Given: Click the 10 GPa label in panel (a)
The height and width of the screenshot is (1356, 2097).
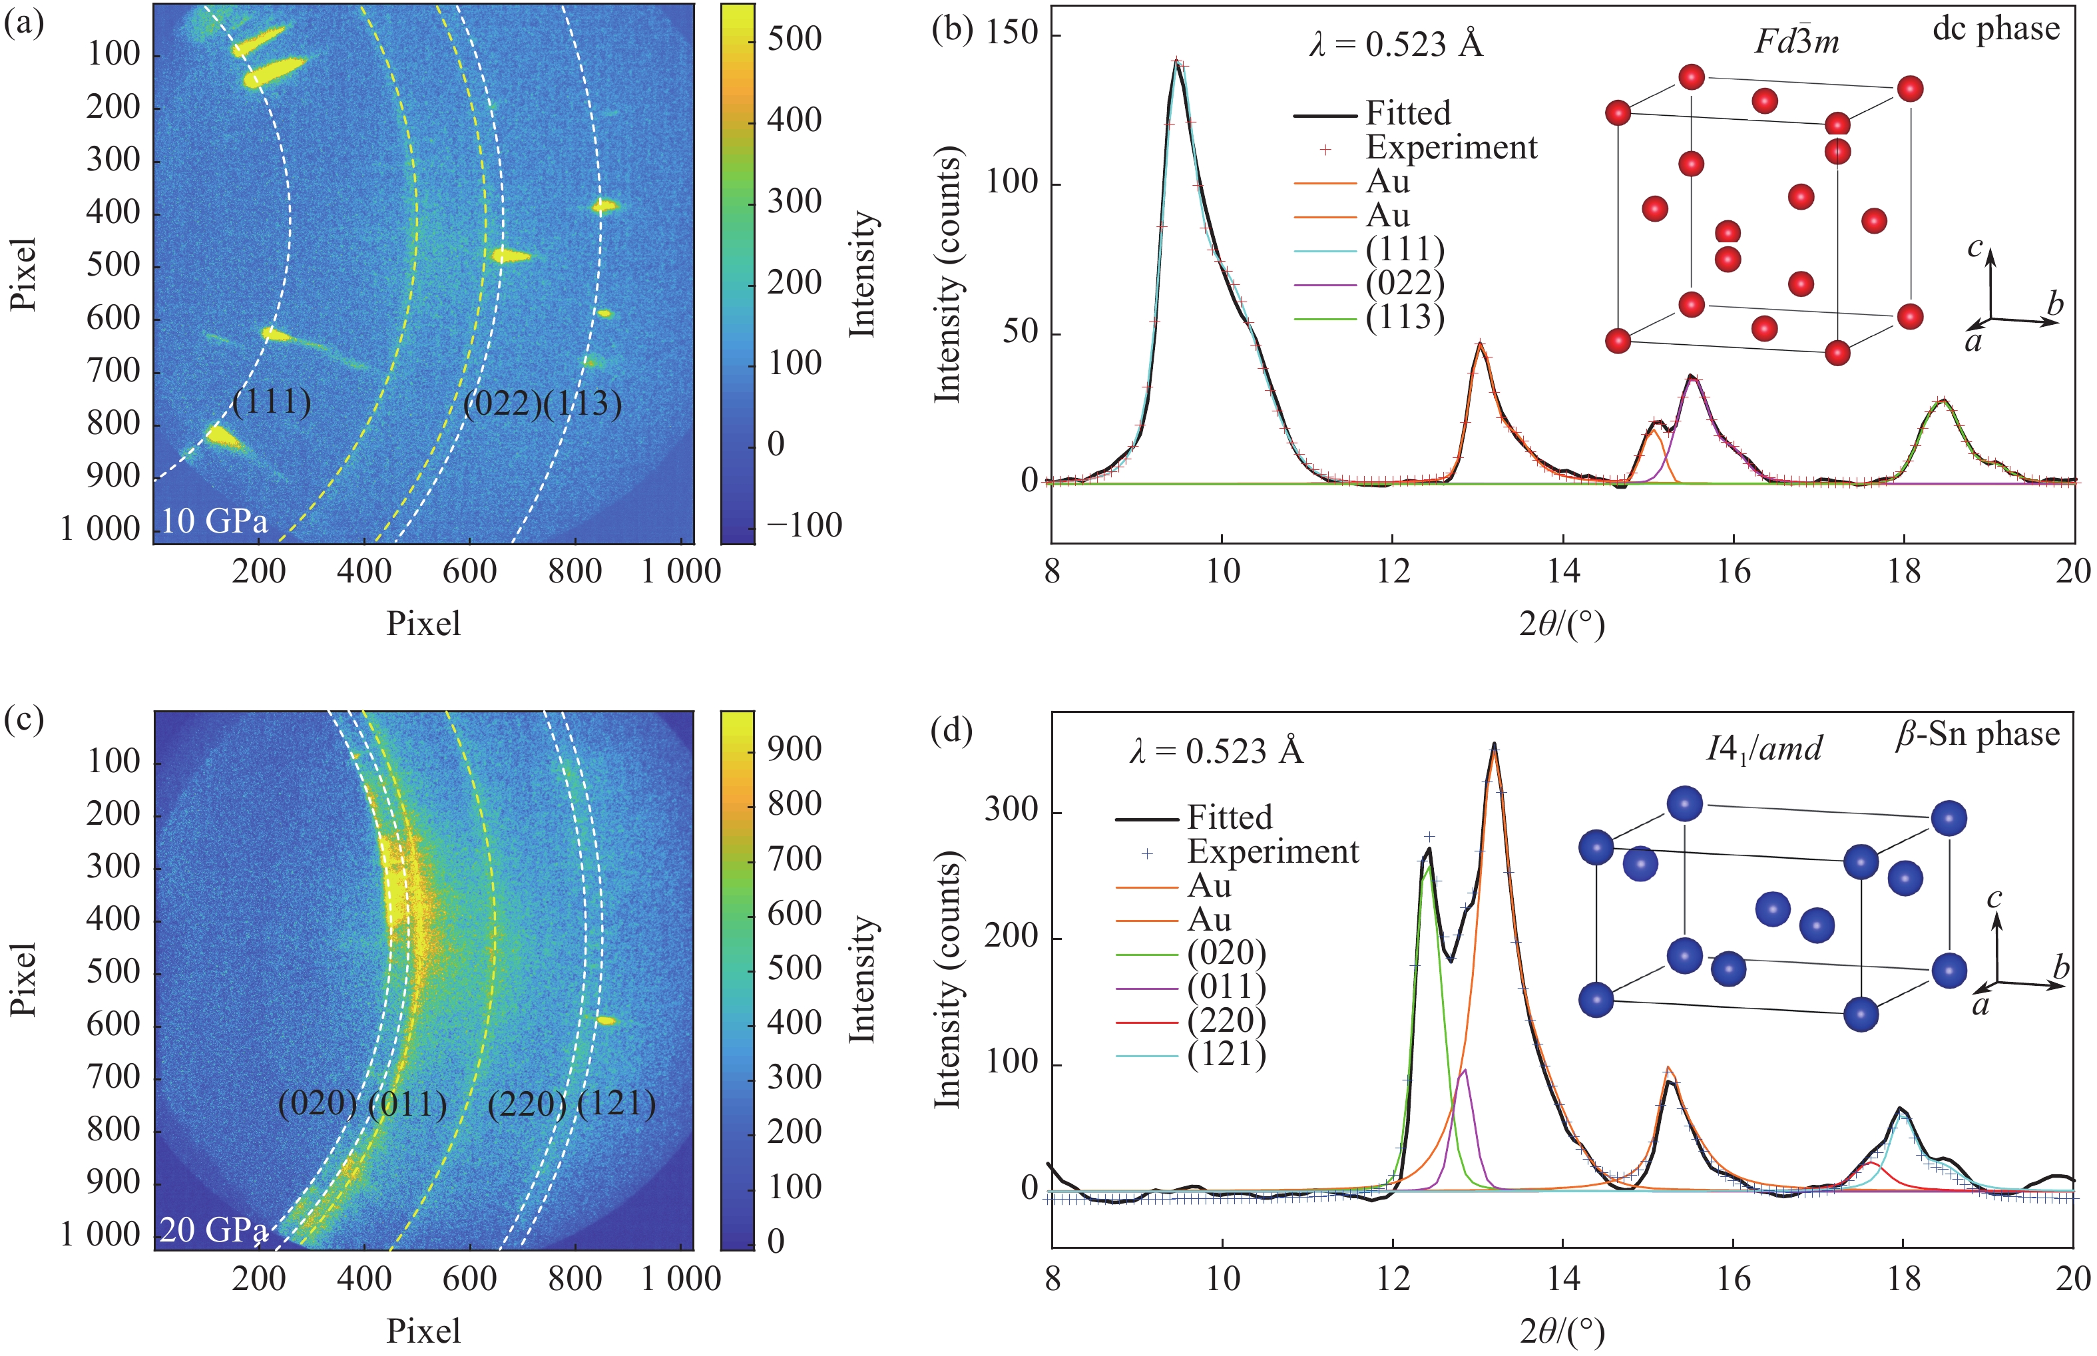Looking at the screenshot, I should (214, 521).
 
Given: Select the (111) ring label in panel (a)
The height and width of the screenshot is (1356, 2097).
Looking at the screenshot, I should (272, 401).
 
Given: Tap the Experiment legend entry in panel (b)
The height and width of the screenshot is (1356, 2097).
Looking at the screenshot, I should (1451, 148).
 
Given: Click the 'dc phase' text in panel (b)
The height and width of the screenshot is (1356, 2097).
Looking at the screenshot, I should (1996, 29).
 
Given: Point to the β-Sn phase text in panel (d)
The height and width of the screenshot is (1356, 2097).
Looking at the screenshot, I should (1977, 734).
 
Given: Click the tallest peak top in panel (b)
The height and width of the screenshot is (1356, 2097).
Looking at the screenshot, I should (1176, 62).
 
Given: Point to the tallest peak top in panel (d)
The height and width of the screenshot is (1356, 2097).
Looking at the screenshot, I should (1494, 747).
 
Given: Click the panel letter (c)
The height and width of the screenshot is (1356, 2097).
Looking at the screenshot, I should (24, 720).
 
